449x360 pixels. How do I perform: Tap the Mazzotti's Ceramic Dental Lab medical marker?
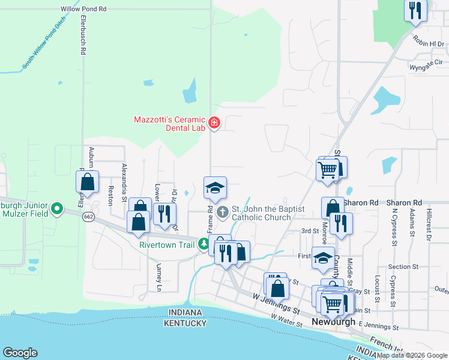click(x=214, y=124)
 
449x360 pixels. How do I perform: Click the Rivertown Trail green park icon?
click(x=204, y=244)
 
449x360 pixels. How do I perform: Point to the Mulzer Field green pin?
click(x=57, y=209)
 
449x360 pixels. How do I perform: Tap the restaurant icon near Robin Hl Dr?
click(x=415, y=10)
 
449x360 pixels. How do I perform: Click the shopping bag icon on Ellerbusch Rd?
click(x=88, y=181)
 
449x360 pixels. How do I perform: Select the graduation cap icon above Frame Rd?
click(x=215, y=188)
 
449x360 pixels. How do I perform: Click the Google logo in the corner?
click(x=20, y=353)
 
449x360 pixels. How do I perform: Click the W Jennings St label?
click(x=276, y=303)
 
